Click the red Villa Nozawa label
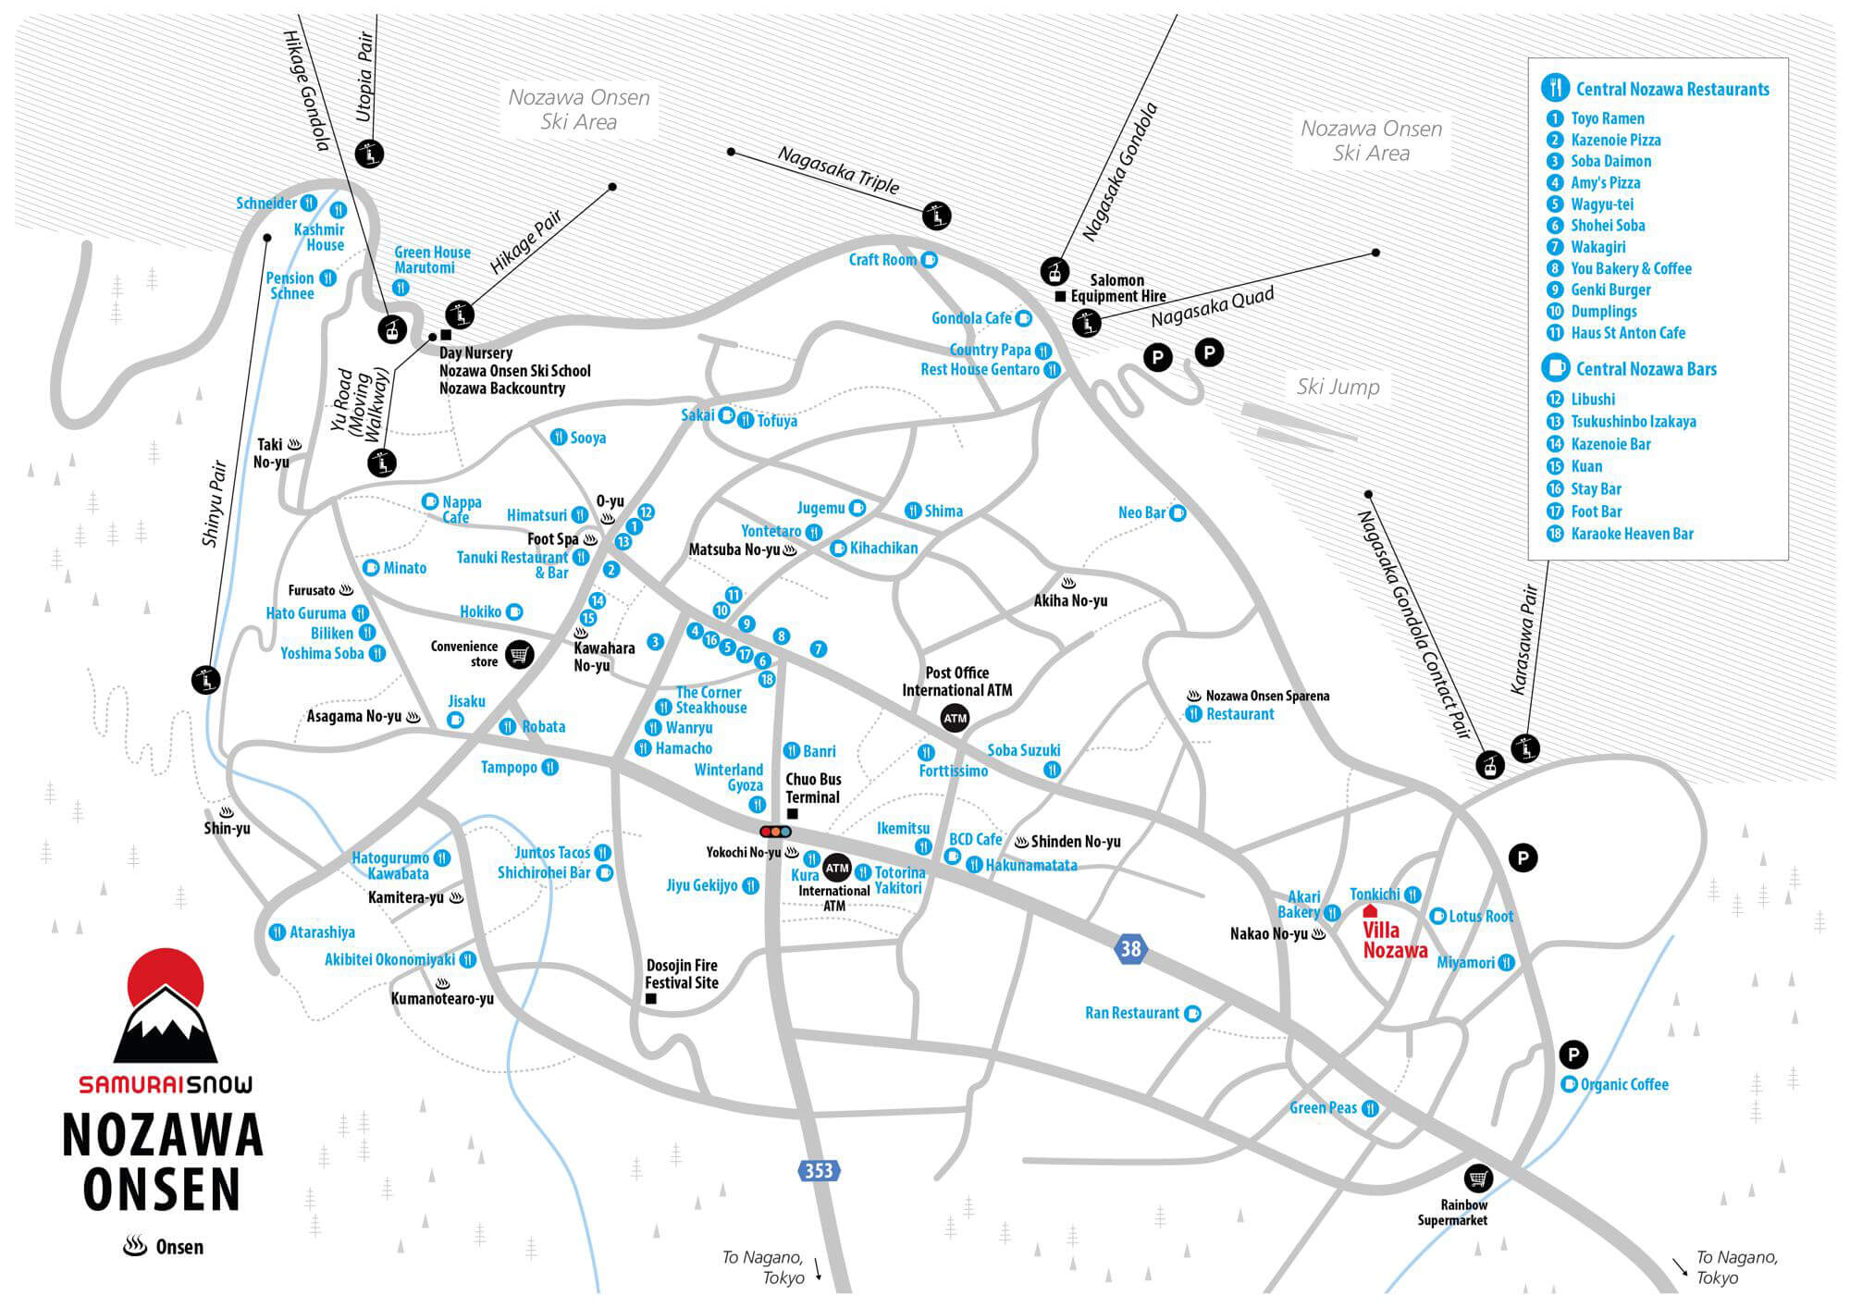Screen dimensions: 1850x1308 pyautogui.click(x=1395, y=940)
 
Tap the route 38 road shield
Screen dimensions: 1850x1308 pyautogui.click(x=1130, y=948)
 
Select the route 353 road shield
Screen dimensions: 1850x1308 pyautogui.click(x=819, y=1171)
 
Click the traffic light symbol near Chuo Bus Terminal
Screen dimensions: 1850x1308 pyautogui.click(x=775, y=832)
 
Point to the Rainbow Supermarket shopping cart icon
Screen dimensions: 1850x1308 pyautogui.click(x=1478, y=1178)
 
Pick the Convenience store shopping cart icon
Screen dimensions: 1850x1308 pyautogui.click(x=520, y=654)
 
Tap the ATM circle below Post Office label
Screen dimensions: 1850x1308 pyautogui.click(x=955, y=718)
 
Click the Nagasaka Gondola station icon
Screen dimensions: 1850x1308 pyautogui.click(x=1054, y=271)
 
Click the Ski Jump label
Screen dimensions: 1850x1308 pyautogui.click(x=1338, y=387)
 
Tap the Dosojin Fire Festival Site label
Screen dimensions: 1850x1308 pyautogui.click(x=682, y=974)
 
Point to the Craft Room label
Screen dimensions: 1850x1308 pyautogui.click(x=882, y=260)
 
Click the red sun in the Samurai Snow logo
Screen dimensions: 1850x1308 pyautogui.click(x=166, y=979)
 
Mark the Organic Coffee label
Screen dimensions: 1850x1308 pyautogui.click(x=1624, y=1084)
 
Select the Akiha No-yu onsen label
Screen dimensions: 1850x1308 pyautogui.click(x=1070, y=600)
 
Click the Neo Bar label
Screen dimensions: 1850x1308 pyautogui.click(x=1141, y=512)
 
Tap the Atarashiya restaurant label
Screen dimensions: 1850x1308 pyautogui.click(x=322, y=932)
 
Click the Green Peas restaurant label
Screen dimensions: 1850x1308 pyautogui.click(x=1323, y=1108)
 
